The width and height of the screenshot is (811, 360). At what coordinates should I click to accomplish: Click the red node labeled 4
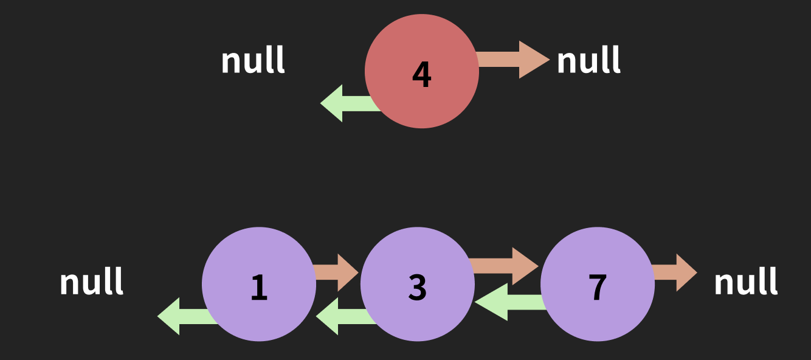(x=422, y=71)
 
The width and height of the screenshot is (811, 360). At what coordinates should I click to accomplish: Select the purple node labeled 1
(x=259, y=284)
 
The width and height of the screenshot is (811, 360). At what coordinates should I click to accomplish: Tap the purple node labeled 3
(x=418, y=284)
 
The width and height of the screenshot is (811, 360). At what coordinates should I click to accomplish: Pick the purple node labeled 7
(x=598, y=284)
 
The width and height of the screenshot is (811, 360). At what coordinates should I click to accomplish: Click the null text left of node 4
(x=253, y=60)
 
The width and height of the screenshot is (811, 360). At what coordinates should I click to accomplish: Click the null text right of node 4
(x=588, y=60)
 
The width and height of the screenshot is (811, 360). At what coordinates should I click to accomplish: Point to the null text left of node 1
(x=91, y=282)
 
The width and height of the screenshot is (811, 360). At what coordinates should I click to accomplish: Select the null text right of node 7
(x=745, y=282)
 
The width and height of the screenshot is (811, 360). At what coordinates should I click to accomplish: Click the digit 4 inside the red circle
(x=422, y=74)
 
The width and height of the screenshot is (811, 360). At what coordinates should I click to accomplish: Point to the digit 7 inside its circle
(x=598, y=287)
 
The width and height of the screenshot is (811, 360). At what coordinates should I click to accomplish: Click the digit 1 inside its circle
(x=259, y=287)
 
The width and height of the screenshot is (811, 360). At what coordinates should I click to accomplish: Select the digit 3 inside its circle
(x=418, y=287)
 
